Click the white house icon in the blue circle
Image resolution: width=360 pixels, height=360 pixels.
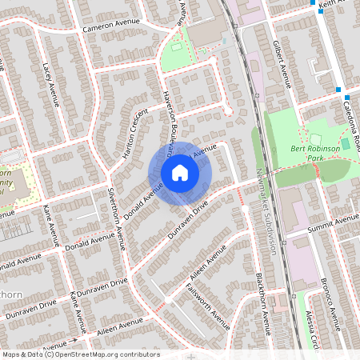click(180, 172)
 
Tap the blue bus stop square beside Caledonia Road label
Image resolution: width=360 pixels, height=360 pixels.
click(338, 89)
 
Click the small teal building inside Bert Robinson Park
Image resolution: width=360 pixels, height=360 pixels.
click(346, 142)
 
